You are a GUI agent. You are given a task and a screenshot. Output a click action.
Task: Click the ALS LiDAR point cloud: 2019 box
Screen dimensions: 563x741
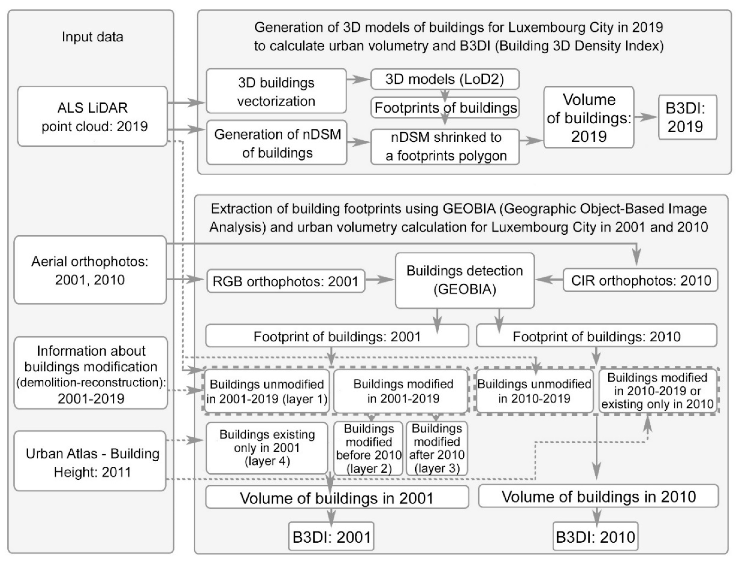point(92,116)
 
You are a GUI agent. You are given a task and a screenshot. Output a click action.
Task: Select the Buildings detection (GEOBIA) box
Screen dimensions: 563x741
point(465,280)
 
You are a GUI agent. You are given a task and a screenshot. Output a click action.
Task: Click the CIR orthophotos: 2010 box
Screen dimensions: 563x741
point(640,280)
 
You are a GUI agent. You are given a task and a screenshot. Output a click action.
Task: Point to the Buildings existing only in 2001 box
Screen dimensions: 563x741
point(267,448)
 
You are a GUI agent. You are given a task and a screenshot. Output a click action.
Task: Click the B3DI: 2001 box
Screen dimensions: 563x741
point(331,537)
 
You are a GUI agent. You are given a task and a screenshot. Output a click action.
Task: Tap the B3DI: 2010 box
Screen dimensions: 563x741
point(595,537)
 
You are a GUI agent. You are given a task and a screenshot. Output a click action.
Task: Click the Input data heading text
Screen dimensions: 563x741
point(92,37)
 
